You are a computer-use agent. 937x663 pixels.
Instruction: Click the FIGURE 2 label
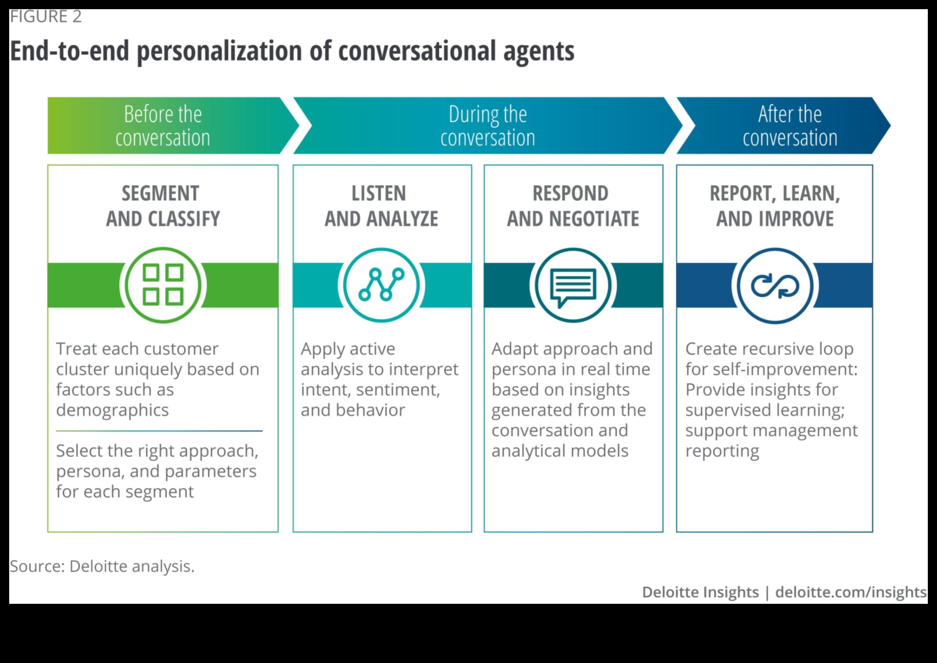[x=46, y=17]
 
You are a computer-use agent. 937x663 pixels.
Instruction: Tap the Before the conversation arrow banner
[x=163, y=125]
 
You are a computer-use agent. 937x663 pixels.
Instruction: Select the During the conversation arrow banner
[x=487, y=125]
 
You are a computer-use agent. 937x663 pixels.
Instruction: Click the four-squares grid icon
[x=163, y=285]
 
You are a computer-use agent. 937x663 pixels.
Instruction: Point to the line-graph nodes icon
[x=381, y=285]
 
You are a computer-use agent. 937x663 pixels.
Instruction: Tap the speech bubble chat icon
[x=573, y=285]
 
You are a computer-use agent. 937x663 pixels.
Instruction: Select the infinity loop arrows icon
[x=775, y=285]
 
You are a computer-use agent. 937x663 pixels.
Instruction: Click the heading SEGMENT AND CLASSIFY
[x=163, y=206]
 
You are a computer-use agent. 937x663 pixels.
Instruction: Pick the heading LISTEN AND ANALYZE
[x=381, y=206]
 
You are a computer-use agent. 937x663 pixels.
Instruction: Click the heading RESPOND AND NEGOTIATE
[x=573, y=206]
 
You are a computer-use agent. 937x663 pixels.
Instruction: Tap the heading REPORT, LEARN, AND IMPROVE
[x=775, y=206]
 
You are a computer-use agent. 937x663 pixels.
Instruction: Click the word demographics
[x=113, y=410]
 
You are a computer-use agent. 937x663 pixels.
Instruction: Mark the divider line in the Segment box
[x=159, y=431]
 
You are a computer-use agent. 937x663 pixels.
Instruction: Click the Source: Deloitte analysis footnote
[x=102, y=566]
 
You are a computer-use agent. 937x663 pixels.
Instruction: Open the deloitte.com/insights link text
[x=851, y=592]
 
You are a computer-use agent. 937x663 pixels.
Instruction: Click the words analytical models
[x=560, y=451]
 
